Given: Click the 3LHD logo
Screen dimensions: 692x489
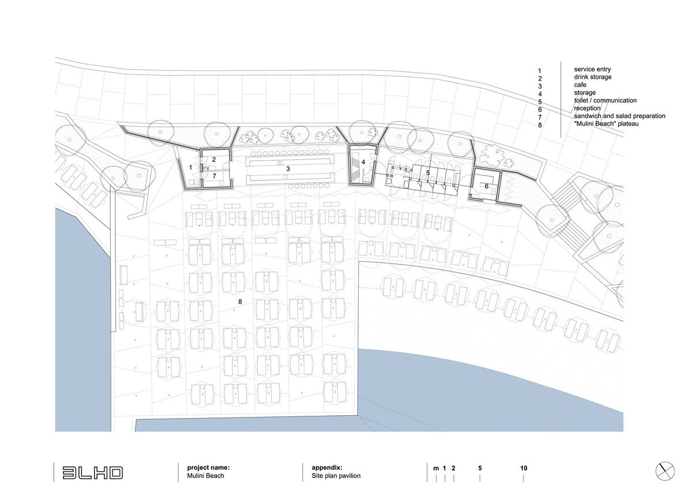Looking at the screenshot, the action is coord(93,473).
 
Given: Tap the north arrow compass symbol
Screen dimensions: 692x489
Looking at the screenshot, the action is coord(665,471).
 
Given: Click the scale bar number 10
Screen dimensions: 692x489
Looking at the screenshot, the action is coord(524,468).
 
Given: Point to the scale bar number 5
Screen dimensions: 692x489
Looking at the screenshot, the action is coord(480,468).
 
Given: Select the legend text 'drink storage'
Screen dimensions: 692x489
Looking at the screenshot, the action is coord(593,77).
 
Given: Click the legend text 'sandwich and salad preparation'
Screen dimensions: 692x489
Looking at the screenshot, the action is coord(619,116).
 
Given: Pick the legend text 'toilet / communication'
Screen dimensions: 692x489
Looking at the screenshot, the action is coord(605,100).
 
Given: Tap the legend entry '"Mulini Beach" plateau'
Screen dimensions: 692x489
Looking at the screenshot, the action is coord(606,123).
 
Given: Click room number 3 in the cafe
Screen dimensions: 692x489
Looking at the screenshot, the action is coord(288,169).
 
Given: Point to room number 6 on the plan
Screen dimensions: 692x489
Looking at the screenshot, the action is coord(487,186).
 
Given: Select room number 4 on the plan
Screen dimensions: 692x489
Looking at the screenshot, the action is coord(363,162).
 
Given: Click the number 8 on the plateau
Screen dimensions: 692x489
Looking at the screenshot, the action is coord(240,302).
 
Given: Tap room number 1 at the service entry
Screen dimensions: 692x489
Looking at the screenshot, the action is coord(191,167).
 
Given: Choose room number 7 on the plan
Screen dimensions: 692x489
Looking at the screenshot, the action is coord(214,176).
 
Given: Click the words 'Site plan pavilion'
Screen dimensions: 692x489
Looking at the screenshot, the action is coord(336,476).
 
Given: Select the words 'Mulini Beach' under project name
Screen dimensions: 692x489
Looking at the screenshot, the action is coord(205,476).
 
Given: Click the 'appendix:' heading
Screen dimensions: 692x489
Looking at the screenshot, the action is coord(327,468).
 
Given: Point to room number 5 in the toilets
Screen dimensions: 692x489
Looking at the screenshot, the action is coord(428,172).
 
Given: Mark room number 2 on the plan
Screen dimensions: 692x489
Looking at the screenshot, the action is coord(214,160).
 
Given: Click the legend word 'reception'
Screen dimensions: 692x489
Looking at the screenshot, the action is coord(587,108).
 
